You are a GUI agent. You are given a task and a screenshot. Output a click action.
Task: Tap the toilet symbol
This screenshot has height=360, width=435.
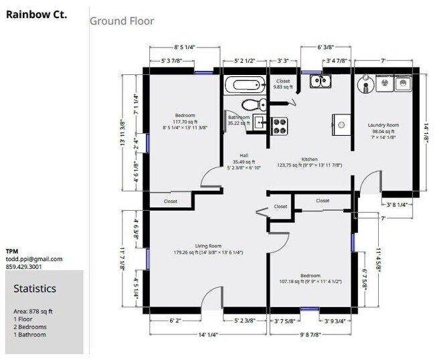pyautogui.click(x=254, y=104)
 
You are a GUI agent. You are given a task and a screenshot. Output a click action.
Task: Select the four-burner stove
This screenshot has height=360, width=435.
pyautogui.click(x=279, y=126)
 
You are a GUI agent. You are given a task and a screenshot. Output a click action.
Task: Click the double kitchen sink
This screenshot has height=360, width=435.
pyautogui.click(x=321, y=81)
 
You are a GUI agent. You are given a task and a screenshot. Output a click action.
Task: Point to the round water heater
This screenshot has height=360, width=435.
pyautogui.click(x=366, y=84)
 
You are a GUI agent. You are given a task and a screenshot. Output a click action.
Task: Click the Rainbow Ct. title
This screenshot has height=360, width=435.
pyautogui.click(x=36, y=15)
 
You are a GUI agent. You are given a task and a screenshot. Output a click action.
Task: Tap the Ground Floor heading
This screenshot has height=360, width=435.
pyautogui.click(x=122, y=21)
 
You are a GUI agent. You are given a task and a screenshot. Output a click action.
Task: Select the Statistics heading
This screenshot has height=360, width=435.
pyautogui.click(x=35, y=288)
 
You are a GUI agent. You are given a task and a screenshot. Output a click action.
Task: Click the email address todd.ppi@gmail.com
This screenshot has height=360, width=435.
pyautogui.click(x=34, y=259)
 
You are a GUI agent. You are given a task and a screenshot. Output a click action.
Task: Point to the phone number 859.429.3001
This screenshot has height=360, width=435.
pyautogui.click(x=23, y=267)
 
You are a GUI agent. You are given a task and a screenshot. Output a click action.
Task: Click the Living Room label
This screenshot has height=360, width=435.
pyautogui.click(x=208, y=246)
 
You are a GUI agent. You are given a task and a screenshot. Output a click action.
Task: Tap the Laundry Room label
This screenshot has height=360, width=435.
pyautogui.click(x=383, y=125)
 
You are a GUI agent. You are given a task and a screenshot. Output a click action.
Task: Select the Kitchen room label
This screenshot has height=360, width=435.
pyautogui.click(x=310, y=159)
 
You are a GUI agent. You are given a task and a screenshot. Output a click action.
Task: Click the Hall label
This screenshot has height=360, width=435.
pyautogui.click(x=244, y=156)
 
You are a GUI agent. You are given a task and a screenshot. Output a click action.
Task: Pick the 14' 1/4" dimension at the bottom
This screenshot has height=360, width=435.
pyautogui.click(x=208, y=335)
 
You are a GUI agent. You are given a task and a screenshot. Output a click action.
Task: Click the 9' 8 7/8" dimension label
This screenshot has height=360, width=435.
pyautogui.click(x=311, y=335)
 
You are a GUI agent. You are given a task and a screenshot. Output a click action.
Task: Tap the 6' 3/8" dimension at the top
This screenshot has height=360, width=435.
pyautogui.click(x=326, y=47)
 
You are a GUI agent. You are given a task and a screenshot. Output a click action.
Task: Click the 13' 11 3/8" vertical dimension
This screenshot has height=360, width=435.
pyautogui.click(x=123, y=132)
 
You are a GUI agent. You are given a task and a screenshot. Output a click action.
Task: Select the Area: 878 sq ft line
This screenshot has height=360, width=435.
pyautogui.click(x=33, y=311)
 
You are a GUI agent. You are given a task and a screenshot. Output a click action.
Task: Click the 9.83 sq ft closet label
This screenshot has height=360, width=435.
pyautogui.click(x=283, y=87)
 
